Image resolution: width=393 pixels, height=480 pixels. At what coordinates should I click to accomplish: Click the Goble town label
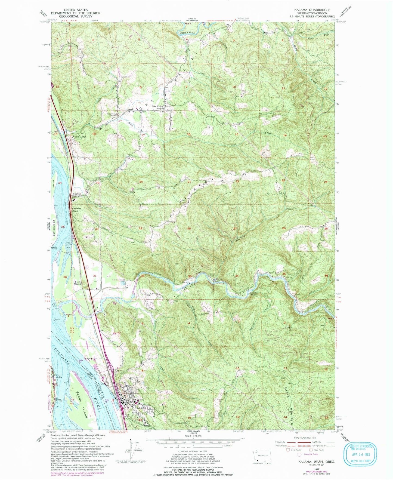pyautogui.click(x=59, y=377)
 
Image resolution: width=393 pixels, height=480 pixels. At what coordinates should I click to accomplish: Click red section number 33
pyautogui.click(x=190, y=276)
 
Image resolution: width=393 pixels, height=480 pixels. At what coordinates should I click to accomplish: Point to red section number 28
pyautogui.click(x=189, y=228)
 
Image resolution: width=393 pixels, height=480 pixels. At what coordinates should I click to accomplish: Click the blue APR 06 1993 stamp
pyautogui.click(x=360, y=453)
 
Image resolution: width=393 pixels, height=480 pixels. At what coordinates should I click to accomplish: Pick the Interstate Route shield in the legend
pyautogui.click(x=300, y=454)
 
